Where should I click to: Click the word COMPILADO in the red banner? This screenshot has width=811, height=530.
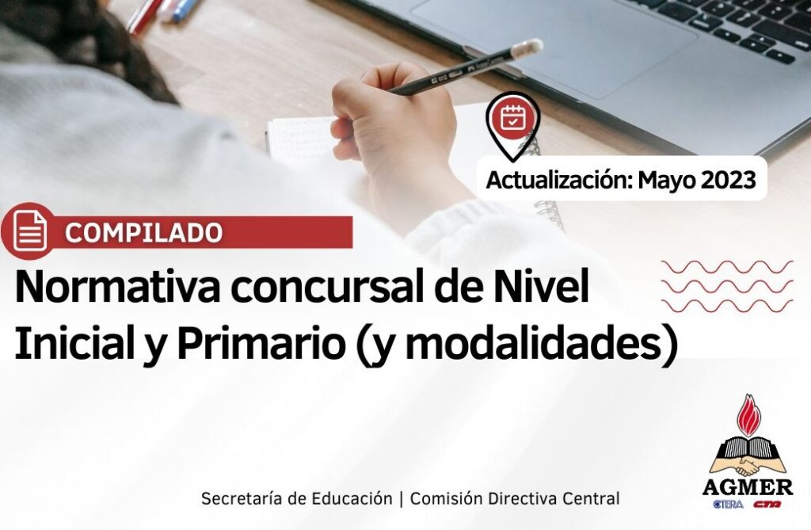[x=144, y=233]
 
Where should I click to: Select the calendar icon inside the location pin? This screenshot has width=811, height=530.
[x=512, y=117]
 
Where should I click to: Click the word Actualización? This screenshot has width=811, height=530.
[x=560, y=181]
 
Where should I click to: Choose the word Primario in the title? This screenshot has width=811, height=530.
[x=261, y=345]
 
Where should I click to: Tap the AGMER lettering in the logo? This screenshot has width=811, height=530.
[x=748, y=487]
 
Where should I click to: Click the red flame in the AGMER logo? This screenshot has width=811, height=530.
[x=750, y=418]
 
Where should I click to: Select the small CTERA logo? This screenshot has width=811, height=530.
[x=728, y=504]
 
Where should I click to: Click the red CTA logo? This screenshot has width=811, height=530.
[x=767, y=504]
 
